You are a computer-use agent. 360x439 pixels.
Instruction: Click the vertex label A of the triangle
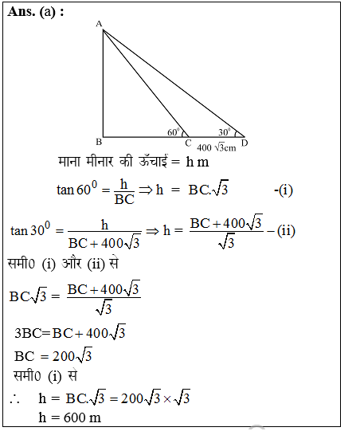[98, 24]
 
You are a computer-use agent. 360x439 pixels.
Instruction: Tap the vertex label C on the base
[187, 143]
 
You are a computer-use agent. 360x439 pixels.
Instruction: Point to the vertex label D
[244, 143]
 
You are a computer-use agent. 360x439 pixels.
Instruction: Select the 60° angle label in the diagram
[173, 131]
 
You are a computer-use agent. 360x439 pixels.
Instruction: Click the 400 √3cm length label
[217, 147]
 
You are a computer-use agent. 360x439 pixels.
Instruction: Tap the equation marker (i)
[284, 190]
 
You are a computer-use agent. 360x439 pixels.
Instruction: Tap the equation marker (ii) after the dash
[284, 231]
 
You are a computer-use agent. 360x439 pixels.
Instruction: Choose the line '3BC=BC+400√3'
[69, 333]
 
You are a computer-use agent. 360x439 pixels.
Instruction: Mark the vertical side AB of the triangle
[103, 84]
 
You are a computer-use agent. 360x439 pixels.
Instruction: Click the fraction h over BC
[124, 192]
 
